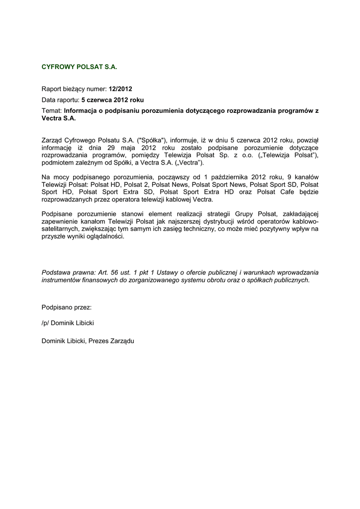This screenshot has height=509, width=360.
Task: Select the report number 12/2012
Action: tap(121, 89)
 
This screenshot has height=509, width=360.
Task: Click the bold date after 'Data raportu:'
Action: tap(112, 100)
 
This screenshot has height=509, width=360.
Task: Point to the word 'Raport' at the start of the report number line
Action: tap(52, 89)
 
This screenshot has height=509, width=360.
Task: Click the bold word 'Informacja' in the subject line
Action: tap(82, 111)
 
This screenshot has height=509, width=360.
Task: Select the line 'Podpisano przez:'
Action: tap(67, 308)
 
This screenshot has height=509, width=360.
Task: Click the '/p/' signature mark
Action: tap(46, 323)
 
